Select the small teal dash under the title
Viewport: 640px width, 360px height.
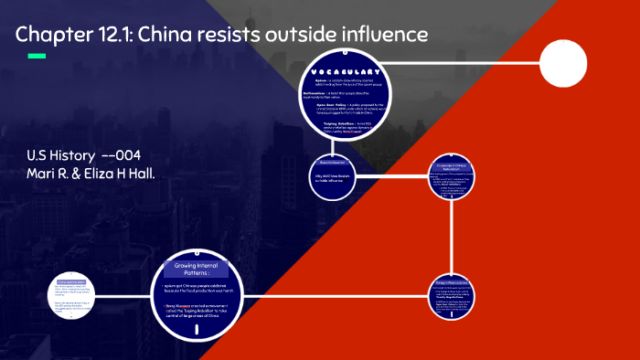[x=37, y=57]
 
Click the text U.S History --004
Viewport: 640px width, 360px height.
[x=84, y=155]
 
